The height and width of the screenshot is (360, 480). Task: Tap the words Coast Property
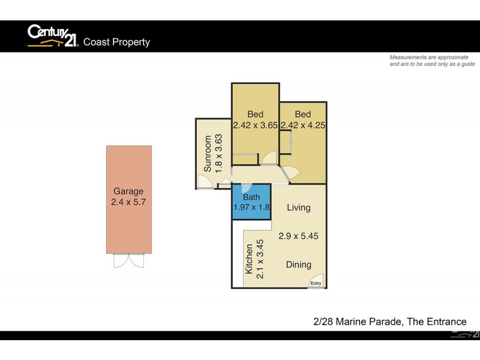click(116, 42)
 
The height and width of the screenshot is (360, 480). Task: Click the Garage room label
click(128, 191)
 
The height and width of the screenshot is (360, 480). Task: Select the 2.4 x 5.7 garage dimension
click(128, 202)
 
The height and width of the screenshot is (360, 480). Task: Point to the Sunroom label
click(208, 154)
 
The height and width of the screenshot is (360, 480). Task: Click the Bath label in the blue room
click(251, 197)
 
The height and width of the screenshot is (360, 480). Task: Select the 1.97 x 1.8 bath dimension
click(251, 208)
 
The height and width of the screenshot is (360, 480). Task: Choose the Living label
click(298, 208)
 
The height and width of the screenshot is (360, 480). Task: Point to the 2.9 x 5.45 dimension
click(298, 236)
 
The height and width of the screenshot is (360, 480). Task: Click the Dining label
click(298, 265)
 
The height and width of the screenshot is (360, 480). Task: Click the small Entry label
click(316, 284)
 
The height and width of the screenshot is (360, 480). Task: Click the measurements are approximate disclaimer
click(432, 60)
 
